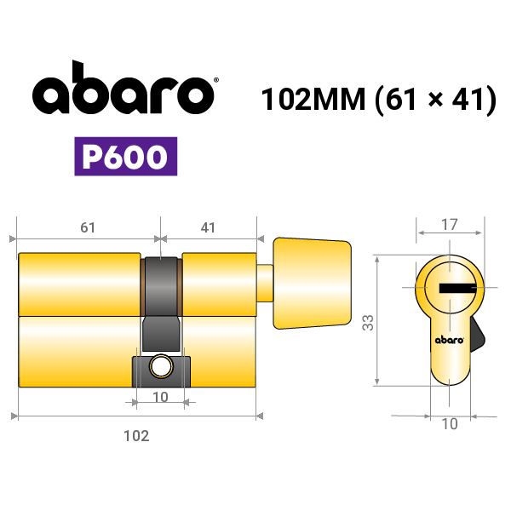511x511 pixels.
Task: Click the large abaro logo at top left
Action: (123, 88)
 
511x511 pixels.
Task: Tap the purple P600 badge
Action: (126, 157)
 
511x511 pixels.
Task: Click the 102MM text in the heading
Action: (313, 99)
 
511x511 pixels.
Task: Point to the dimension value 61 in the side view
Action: (88, 227)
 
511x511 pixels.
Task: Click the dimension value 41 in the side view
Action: (208, 227)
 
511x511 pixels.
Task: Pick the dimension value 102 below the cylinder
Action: (136, 436)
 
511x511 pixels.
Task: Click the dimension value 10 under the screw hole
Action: (160, 397)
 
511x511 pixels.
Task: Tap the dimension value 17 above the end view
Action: (450, 225)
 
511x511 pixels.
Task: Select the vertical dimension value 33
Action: (368, 323)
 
